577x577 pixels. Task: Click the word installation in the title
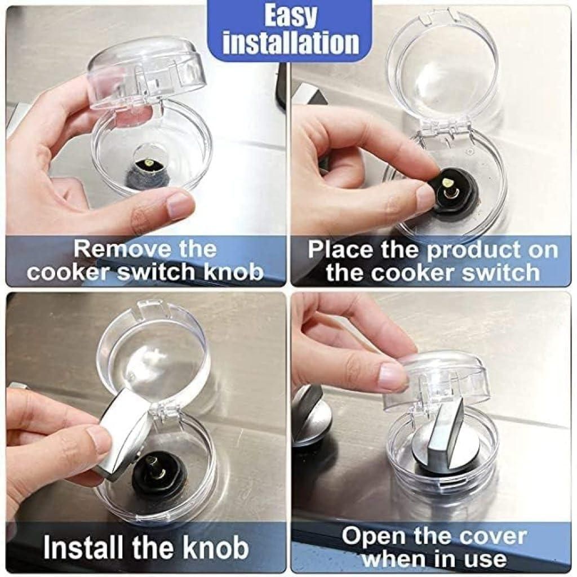coord(290,43)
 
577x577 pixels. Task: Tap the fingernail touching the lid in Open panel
coord(392,376)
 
